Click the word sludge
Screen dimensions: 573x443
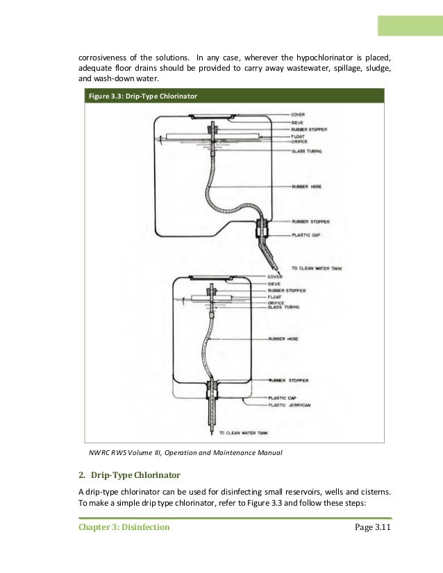378,68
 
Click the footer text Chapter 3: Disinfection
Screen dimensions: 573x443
123,528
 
